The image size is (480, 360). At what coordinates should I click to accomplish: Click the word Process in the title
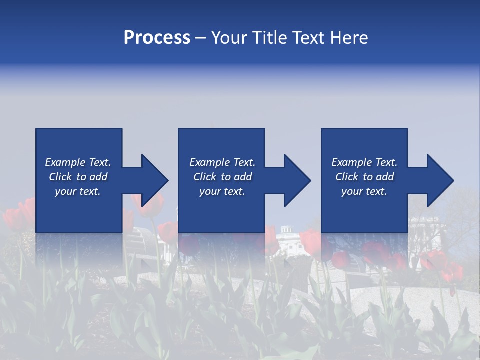pos(157,38)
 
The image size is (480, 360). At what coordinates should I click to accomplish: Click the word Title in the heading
pos(268,38)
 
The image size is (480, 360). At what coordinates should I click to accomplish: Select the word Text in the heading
pos(309,38)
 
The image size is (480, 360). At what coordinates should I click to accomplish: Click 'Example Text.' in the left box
pos(78,162)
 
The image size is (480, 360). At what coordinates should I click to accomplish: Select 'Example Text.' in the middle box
pos(222,162)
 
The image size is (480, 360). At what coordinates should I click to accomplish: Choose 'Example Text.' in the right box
pos(364,162)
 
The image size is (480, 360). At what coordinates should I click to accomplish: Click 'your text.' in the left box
pos(78,191)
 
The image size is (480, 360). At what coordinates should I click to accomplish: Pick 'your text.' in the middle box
pos(222,191)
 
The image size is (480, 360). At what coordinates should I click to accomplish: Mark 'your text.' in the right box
pos(364,191)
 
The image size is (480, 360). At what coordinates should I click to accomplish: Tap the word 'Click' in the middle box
pos(205,177)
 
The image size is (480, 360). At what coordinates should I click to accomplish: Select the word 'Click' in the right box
pos(347,177)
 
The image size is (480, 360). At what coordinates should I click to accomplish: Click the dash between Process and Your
pos(200,38)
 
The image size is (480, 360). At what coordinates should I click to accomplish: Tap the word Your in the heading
pos(229,38)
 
